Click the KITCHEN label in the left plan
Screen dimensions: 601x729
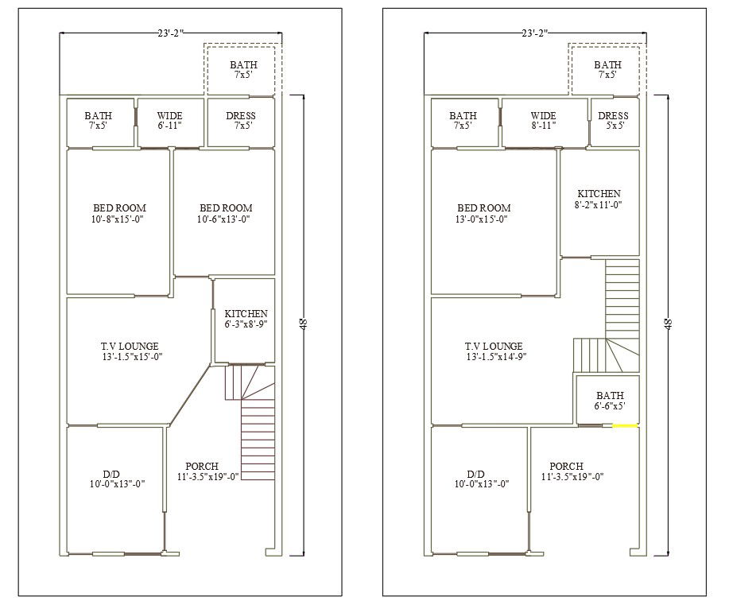(246, 319)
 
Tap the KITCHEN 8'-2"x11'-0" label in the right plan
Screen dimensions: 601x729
(599, 199)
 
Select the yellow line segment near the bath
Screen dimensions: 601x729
(625, 426)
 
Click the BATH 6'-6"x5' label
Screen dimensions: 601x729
(610, 401)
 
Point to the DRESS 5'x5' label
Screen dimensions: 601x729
(613, 121)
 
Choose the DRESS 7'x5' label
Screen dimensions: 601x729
(241, 121)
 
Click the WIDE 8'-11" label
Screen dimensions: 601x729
(543, 121)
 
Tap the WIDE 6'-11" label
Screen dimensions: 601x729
(169, 121)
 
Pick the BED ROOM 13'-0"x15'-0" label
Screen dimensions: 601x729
(483, 213)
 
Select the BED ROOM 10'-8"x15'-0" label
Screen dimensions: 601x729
(119, 213)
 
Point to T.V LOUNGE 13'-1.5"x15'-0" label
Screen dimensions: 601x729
(130, 351)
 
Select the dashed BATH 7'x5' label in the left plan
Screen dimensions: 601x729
(243, 69)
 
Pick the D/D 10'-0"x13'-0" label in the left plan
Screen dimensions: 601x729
(118, 477)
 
